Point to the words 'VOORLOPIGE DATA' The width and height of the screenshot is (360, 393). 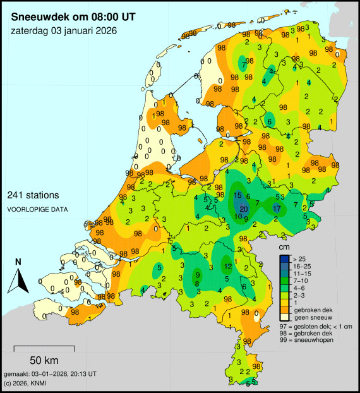tap(39, 209)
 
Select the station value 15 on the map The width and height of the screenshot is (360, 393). tap(238, 196)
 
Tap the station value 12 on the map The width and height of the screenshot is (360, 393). tap(227, 267)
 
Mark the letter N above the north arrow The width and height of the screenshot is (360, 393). tap(19, 262)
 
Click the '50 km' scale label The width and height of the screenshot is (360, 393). tap(44, 361)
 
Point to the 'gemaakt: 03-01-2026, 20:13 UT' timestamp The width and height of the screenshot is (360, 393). tap(50, 374)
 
